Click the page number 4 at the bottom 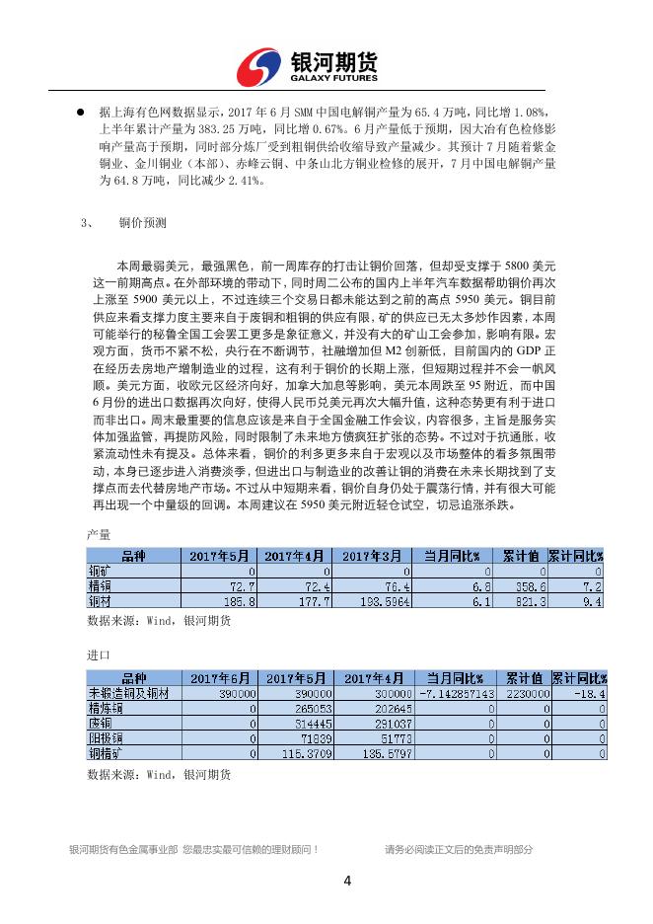click(x=346, y=881)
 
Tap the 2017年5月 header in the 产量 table click(x=219, y=555)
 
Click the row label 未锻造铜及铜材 click(x=129, y=693)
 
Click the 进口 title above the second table click(x=98, y=654)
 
